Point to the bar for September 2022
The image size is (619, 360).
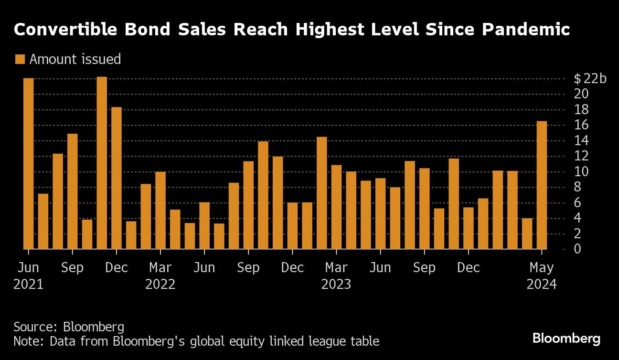[x=248, y=205]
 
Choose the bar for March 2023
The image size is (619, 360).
[x=336, y=207]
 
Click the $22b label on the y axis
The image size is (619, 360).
[x=590, y=78]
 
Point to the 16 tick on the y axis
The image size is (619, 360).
[x=582, y=125]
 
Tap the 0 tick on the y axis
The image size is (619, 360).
[x=578, y=249]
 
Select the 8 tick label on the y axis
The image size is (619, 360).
[x=578, y=187]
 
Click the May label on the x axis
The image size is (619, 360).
[x=542, y=268]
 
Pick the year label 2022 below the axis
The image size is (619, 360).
[x=160, y=285]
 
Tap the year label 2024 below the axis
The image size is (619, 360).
[x=542, y=285]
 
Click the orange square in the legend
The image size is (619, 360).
[x=20, y=59]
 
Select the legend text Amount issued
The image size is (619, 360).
[x=75, y=59]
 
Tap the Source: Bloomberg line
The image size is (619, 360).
[x=69, y=327]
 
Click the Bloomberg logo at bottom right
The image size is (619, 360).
[x=566, y=339]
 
